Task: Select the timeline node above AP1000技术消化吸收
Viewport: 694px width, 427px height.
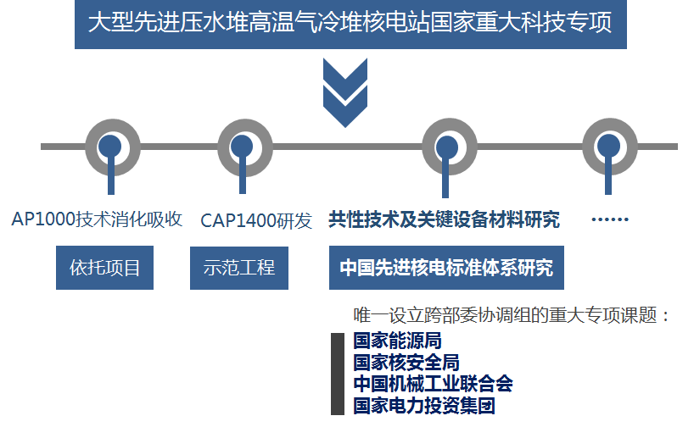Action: [110, 147]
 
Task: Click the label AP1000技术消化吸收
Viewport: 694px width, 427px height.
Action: [98, 219]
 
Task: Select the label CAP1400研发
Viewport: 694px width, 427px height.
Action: [256, 220]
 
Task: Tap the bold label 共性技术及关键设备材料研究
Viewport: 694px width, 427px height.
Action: [445, 219]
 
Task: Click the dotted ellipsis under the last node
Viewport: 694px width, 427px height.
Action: [609, 220]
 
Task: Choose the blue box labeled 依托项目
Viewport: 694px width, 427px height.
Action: [104, 268]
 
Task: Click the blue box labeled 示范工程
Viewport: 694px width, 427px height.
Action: [239, 268]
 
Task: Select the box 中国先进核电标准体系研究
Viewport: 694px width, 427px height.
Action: [446, 268]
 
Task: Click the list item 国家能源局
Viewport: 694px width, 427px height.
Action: [397, 341]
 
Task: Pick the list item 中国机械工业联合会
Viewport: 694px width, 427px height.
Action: [433, 384]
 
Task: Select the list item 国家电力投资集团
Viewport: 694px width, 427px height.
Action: [424, 405]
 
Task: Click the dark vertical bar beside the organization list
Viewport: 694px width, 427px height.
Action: [337, 374]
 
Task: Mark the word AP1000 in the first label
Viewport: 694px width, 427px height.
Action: [43, 219]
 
